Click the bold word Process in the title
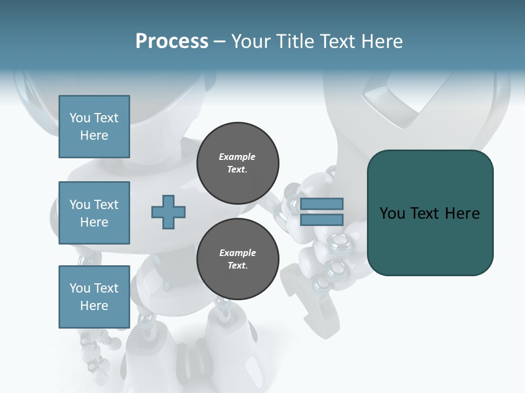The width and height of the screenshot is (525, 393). [x=172, y=41]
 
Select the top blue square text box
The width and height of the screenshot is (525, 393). [x=94, y=127]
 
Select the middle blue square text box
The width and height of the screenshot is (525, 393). [x=94, y=213]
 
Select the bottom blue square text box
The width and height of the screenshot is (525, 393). [x=94, y=297]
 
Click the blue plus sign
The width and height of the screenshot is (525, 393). [x=168, y=212]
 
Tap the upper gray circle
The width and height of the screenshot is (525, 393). [x=237, y=163]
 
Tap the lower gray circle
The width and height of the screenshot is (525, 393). [x=237, y=259]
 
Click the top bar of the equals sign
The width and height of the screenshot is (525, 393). [x=322, y=204]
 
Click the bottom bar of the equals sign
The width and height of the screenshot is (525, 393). [x=322, y=219]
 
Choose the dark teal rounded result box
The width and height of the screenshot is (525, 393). [x=430, y=240]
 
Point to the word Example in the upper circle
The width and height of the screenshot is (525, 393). [x=237, y=157]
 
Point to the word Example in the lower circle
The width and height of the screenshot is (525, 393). [x=237, y=253]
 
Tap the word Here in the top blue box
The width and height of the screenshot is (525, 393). [x=94, y=135]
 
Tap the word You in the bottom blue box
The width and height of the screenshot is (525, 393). [x=80, y=288]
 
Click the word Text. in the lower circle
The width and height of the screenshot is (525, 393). [x=237, y=266]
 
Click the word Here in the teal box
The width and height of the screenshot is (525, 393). [x=462, y=213]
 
